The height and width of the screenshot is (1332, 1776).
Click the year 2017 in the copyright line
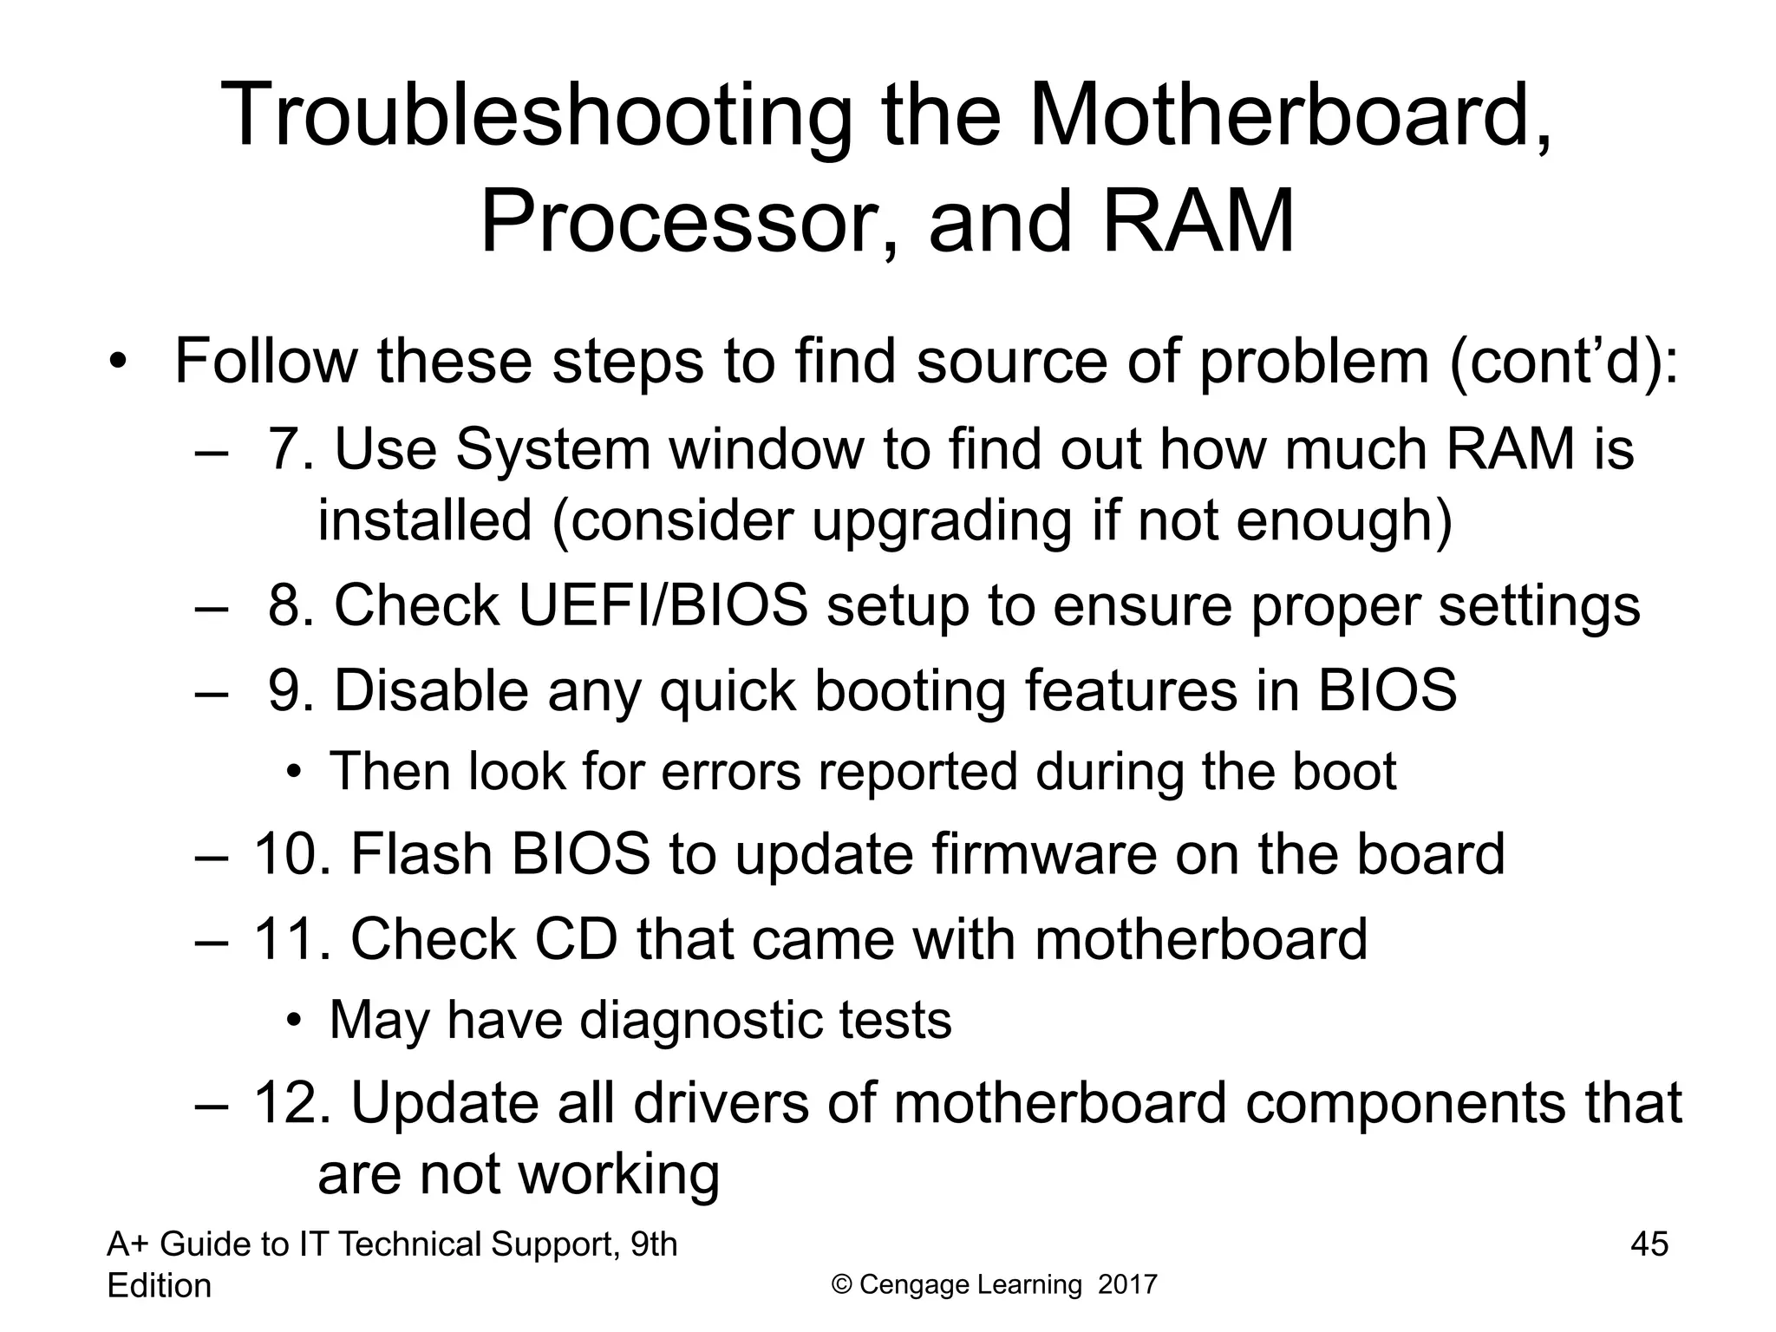tap(1127, 1284)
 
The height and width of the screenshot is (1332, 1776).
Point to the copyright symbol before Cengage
tap(840, 1284)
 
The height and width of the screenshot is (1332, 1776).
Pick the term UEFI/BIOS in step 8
tap(663, 605)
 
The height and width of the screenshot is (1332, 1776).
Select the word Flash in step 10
tap(421, 854)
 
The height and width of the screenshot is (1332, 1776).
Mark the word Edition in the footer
tap(159, 1285)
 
